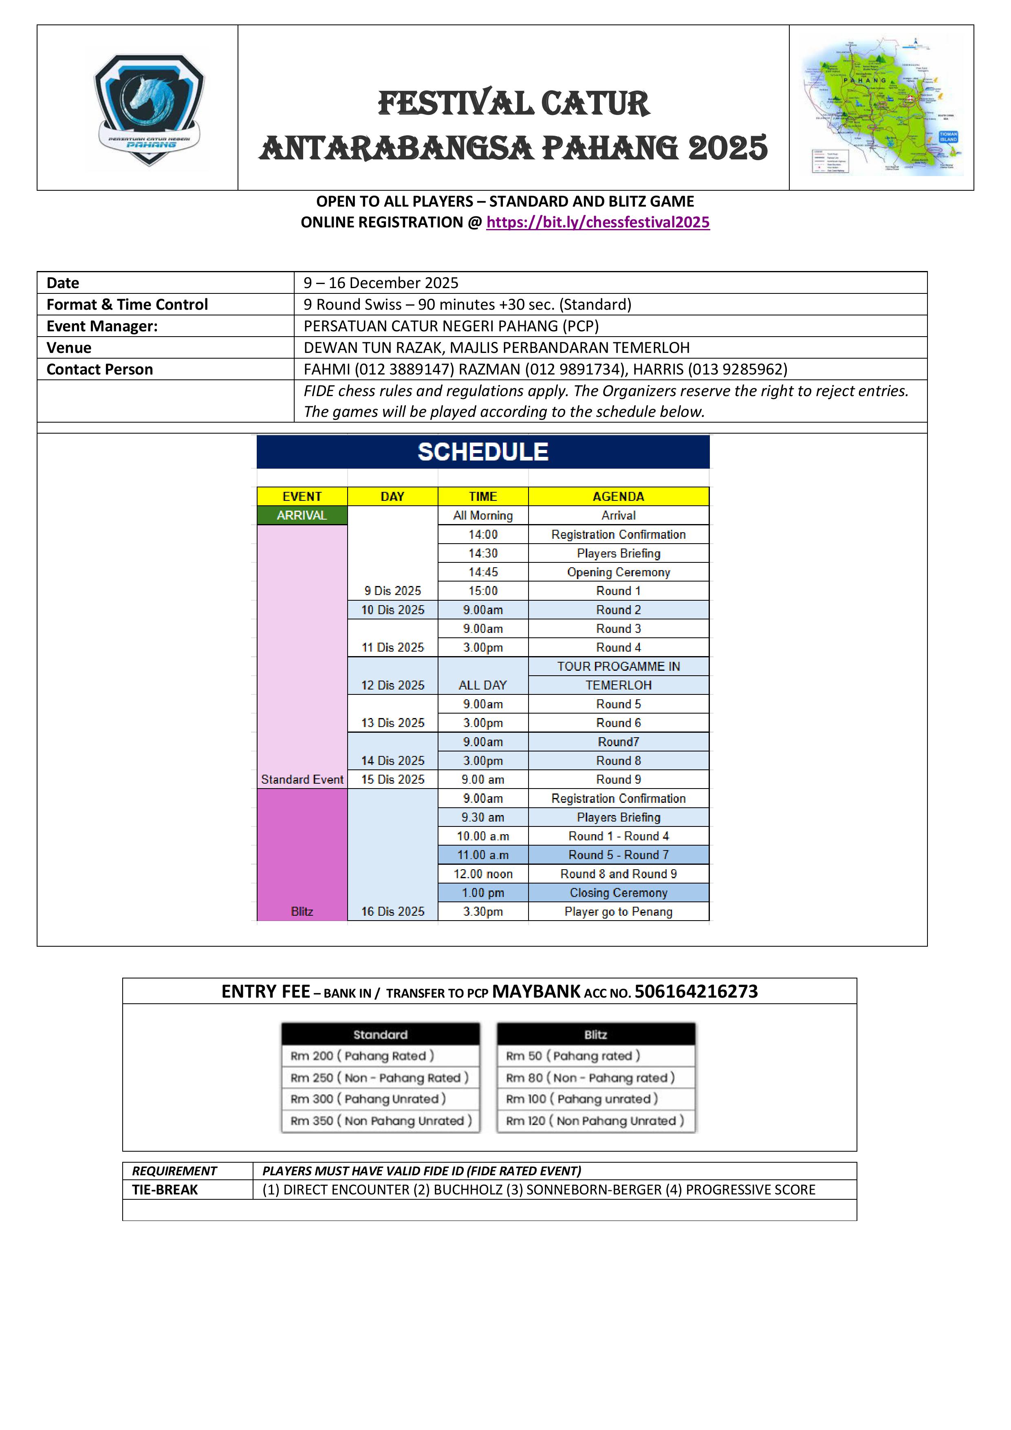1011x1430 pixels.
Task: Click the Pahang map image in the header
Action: pyautogui.click(x=881, y=106)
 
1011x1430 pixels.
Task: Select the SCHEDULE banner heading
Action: pyautogui.click(x=483, y=452)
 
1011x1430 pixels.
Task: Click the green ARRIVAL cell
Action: pyautogui.click(x=302, y=515)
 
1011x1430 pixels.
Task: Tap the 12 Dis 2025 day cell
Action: pyautogui.click(x=392, y=685)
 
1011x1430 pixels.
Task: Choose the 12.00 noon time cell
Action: pyautogui.click(x=483, y=874)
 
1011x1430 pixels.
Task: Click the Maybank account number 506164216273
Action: pyautogui.click(x=696, y=992)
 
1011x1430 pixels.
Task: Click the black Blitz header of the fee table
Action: pyautogui.click(x=595, y=1035)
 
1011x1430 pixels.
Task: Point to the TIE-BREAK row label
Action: pyautogui.click(x=165, y=1190)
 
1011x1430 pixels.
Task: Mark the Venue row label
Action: pyautogui.click(x=69, y=348)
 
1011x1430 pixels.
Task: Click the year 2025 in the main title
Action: pyautogui.click(x=727, y=148)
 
